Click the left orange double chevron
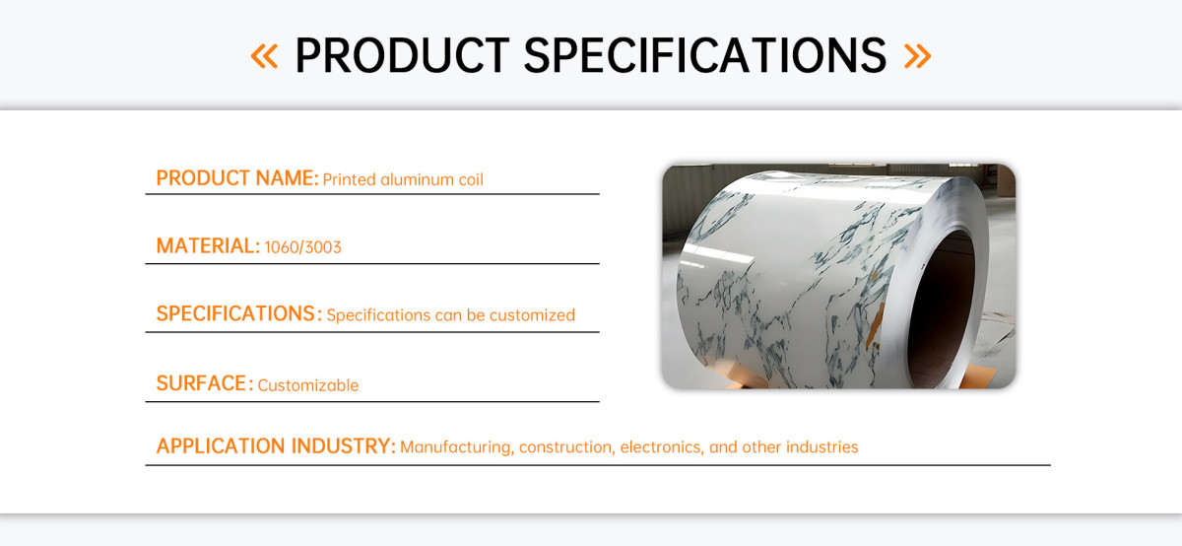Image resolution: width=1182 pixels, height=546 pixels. click(264, 56)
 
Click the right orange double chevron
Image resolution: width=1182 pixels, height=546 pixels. click(918, 56)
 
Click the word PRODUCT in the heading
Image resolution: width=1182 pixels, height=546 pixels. click(402, 55)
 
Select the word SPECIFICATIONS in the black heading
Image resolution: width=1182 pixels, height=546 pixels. click(705, 55)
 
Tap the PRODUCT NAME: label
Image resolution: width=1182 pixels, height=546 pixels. click(237, 178)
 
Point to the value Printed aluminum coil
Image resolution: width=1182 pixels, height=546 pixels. click(403, 179)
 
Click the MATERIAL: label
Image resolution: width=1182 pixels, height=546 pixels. click(208, 246)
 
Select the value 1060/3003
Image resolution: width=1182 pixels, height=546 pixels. click(303, 247)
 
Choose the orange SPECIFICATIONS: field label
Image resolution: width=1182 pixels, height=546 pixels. click(239, 313)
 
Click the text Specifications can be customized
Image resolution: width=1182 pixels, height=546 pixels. click(451, 315)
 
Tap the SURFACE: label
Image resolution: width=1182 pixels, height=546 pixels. click(205, 383)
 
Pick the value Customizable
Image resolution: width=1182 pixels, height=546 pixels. click(308, 385)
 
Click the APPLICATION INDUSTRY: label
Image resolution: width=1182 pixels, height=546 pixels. click(276, 446)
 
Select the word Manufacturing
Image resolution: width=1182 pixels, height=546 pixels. click(456, 447)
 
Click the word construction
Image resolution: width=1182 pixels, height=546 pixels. click(566, 447)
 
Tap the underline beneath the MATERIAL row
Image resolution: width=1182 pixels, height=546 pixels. click(372, 263)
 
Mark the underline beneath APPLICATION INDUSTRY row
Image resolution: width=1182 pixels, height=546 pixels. click(598, 465)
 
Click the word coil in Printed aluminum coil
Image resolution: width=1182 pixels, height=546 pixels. click(471, 179)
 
